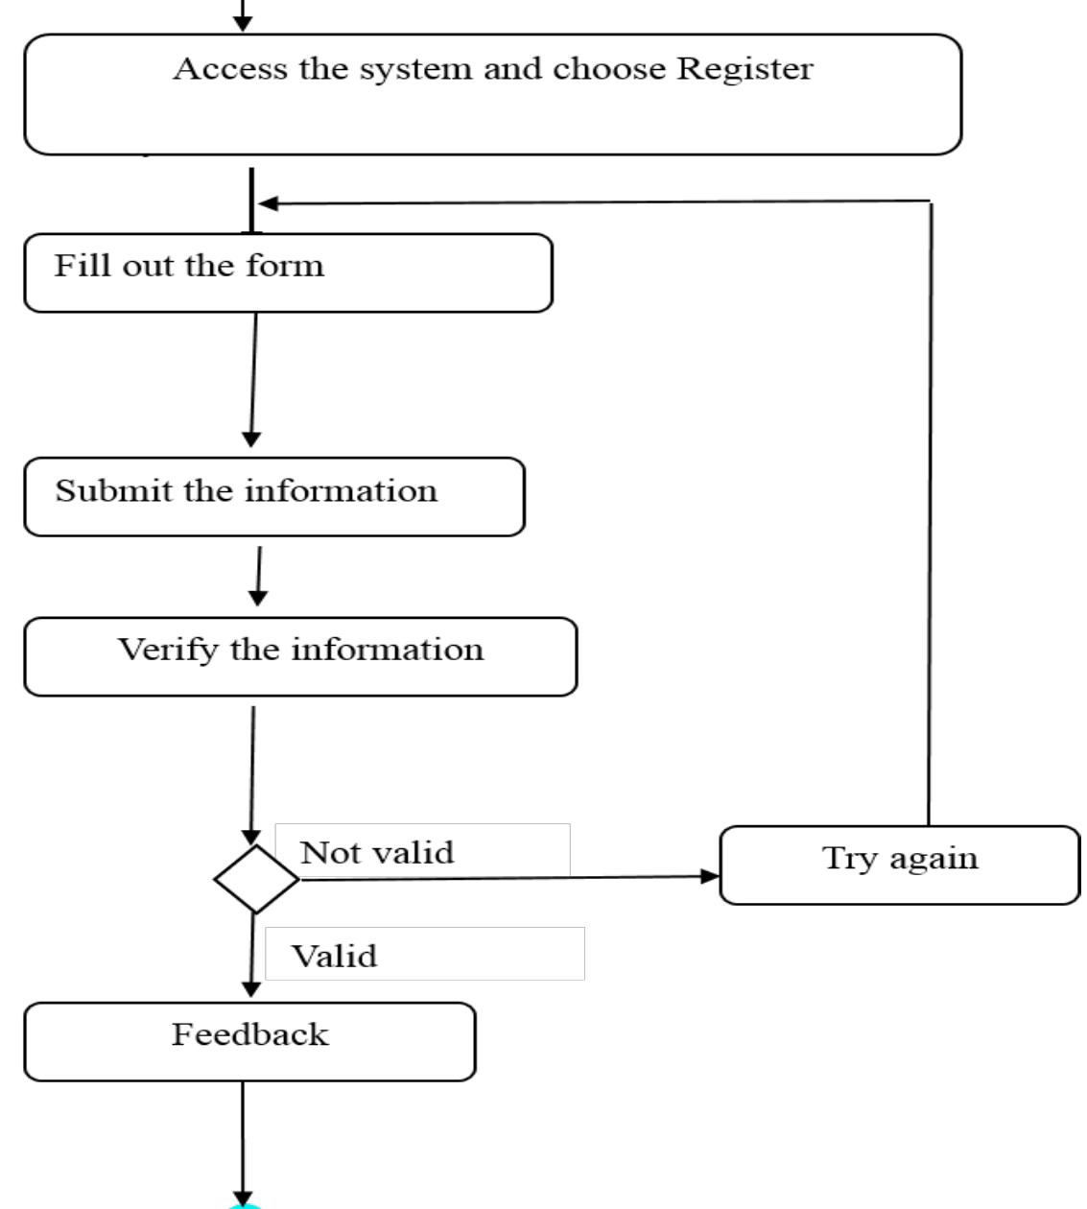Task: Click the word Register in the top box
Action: (744, 70)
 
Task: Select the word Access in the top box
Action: (229, 68)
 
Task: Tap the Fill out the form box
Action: (288, 273)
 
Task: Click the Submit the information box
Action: (274, 497)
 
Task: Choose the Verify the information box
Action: (300, 656)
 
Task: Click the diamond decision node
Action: (256, 879)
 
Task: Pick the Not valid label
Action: (377, 852)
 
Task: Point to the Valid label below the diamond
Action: (335, 956)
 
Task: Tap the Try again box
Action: (900, 865)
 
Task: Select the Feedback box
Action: (249, 1042)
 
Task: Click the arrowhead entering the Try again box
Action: (710, 876)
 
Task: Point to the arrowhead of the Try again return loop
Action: (269, 203)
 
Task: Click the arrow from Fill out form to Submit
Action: (253, 380)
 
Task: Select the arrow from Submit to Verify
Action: (259, 576)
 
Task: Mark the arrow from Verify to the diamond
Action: (252, 775)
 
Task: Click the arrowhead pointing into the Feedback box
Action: (251, 989)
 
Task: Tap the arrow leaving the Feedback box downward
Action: (243, 1144)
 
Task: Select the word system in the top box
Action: (416, 70)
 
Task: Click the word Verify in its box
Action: (168, 651)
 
